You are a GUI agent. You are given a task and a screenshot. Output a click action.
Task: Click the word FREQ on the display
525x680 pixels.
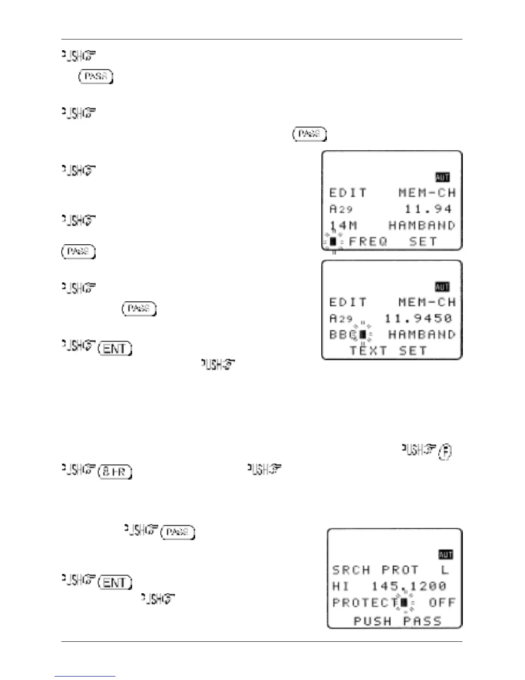click(x=368, y=242)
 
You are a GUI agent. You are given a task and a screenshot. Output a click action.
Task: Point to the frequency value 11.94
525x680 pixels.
click(x=428, y=209)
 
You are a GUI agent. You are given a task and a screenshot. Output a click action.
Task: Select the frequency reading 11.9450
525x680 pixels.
click(x=418, y=319)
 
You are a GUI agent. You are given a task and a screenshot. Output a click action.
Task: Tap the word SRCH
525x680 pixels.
click(x=351, y=570)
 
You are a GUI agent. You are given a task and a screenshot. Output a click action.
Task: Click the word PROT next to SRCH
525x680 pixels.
click(x=400, y=570)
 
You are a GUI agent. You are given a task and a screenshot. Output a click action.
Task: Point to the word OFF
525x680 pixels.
click(x=442, y=603)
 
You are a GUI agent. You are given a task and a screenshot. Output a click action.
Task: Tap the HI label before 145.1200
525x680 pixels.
click(x=341, y=586)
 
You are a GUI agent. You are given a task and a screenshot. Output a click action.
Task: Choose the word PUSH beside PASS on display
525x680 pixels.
click(x=372, y=621)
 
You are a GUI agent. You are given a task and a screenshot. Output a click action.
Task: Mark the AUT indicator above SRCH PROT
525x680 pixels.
click(x=445, y=555)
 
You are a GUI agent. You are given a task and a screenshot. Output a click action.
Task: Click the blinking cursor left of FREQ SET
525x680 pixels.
click(x=333, y=242)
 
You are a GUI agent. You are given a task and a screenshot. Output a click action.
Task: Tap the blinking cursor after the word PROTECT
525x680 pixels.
click(x=404, y=603)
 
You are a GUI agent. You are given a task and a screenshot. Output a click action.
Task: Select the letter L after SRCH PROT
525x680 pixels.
click(x=445, y=570)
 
